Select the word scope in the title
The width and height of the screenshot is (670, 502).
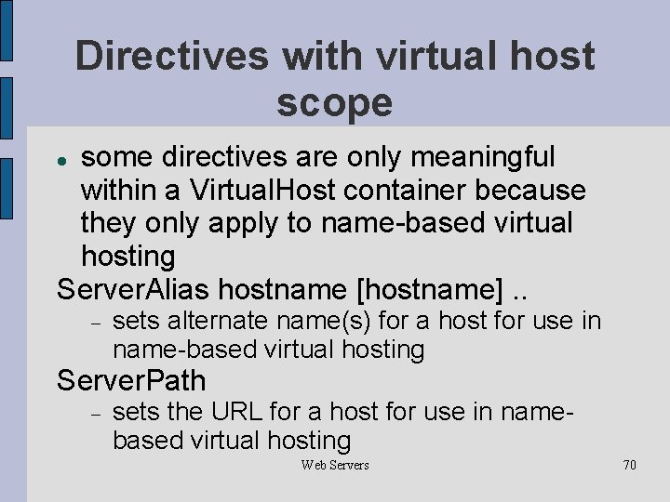(x=334, y=102)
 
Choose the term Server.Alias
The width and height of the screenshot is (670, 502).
(x=133, y=289)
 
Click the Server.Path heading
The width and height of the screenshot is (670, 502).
(x=131, y=380)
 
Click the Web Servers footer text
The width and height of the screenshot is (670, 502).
(x=335, y=465)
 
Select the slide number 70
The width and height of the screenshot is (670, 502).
(x=629, y=465)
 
